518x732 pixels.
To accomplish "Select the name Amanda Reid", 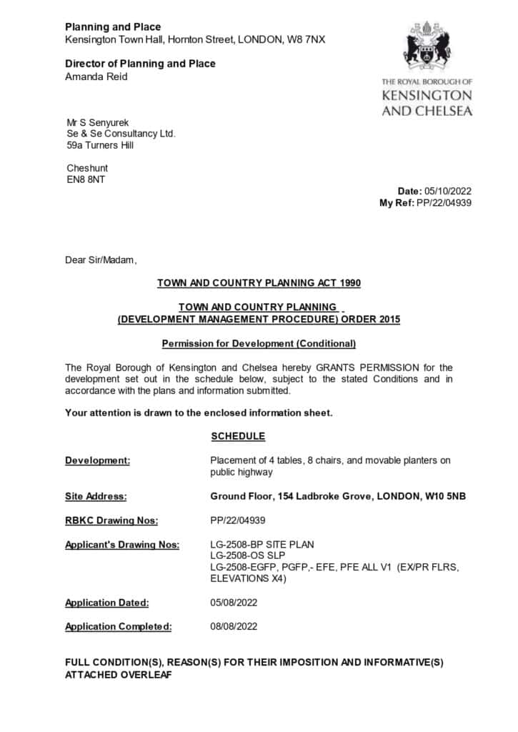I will click(96, 76).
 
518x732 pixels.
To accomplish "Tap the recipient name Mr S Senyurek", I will click(98, 122).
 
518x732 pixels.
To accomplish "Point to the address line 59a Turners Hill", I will click(100, 145).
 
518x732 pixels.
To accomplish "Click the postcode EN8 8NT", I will click(86, 179).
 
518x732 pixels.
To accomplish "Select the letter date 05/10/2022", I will click(448, 191).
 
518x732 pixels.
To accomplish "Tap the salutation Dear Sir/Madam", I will click(100, 260).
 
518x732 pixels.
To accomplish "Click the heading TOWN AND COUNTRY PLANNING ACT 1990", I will click(259, 283).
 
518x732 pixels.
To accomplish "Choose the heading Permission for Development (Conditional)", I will click(259, 343).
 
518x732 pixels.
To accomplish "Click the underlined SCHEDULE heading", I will click(238, 436).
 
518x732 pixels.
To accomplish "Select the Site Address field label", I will click(96, 496).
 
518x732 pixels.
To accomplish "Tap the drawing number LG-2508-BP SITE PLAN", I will click(262, 545).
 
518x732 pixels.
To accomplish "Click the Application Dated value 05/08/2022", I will click(234, 603).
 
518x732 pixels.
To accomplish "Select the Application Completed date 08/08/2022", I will click(234, 627).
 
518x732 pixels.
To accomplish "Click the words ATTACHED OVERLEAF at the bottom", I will click(119, 674).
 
